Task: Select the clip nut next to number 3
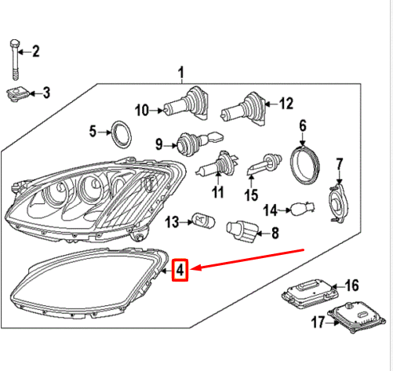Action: pos(16,94)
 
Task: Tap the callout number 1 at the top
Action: pos(182,73)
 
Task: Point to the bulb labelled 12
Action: pos(243,105)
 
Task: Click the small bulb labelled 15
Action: pos(260,167)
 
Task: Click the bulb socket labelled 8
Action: pos(239,231)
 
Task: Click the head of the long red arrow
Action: pos(194,269)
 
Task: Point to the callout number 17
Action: pos(317,322)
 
